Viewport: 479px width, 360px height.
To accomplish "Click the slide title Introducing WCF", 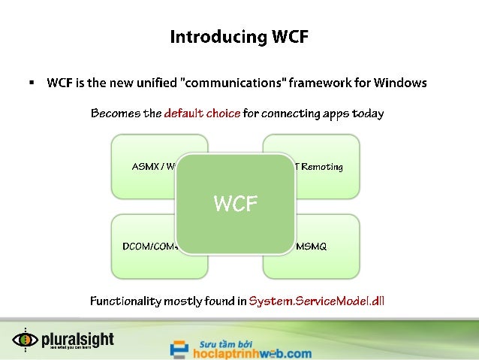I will coord(239,37).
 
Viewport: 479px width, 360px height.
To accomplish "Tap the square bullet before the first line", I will coord(32,82).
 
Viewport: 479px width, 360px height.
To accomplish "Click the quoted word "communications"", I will coord(230,83).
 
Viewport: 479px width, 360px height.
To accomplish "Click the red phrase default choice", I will coord(202,114).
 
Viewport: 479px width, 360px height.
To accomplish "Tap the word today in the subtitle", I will coord(369,114).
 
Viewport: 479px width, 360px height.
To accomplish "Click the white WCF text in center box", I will coord(236,203).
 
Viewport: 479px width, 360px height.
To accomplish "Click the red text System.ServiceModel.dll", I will coord(316,301).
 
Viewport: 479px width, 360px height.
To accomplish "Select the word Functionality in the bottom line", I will coord(125,301).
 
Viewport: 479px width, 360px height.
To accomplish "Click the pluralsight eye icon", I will coord(25,340).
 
